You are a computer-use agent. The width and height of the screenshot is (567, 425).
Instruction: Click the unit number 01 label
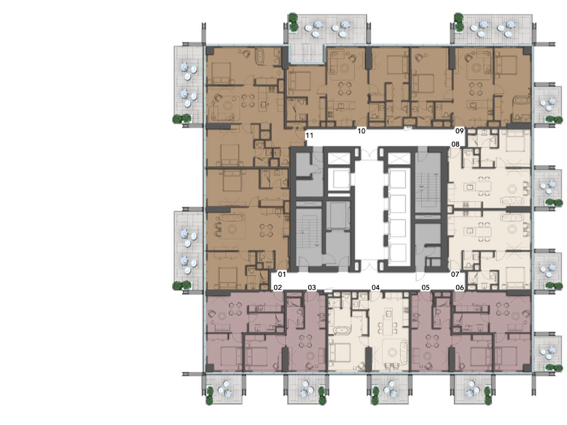[282, 274]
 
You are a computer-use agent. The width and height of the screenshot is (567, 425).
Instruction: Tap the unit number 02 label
[278, 288]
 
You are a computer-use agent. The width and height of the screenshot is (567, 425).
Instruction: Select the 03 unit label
[312, 288]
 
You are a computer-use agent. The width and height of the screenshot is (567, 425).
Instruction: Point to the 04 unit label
[375, 288]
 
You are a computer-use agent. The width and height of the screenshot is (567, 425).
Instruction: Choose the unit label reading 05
[425, 288]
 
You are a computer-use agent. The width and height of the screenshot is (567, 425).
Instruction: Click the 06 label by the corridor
[460, 288]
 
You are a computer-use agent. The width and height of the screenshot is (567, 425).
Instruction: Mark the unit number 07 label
[455, 274]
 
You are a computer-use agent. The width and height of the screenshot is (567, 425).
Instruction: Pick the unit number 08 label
[456, 144]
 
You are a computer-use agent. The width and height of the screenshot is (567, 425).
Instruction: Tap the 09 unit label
[459, 131]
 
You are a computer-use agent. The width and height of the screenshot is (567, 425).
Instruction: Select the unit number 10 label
[362, 131]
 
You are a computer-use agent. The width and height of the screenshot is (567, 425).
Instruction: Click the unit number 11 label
[310, 136]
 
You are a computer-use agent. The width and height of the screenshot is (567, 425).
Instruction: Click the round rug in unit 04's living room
[392, 352]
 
